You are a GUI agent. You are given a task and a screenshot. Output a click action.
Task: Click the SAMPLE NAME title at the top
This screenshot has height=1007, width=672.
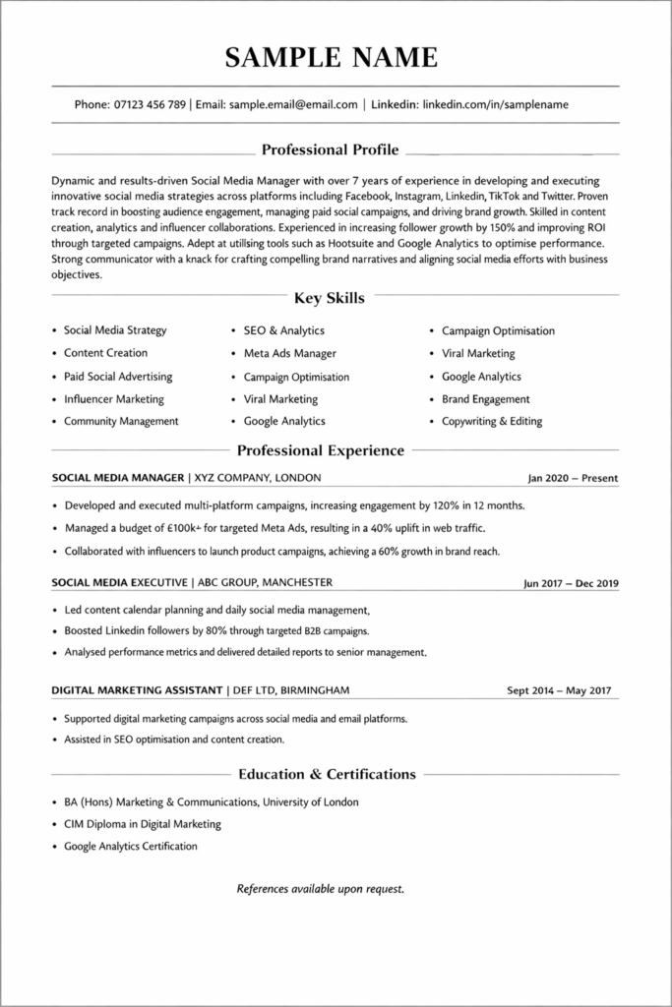[332, 57]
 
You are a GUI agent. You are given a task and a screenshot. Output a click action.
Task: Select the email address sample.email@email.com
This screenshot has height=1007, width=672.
[293, 104]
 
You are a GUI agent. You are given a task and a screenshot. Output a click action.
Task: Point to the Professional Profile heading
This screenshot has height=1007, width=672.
[330, 150]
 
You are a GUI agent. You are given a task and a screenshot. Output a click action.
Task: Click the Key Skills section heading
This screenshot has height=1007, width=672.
[330, 298]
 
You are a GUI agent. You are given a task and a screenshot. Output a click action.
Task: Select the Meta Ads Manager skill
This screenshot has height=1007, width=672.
[289, 353]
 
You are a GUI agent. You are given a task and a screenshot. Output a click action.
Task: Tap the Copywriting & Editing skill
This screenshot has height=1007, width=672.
[491, 422]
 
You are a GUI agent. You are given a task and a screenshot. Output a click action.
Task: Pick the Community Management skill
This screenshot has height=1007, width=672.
[121, 421]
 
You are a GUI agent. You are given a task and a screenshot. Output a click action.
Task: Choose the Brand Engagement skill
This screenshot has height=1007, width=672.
[485, 399]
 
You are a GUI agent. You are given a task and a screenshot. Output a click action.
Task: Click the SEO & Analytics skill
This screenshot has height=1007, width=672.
[283, 330]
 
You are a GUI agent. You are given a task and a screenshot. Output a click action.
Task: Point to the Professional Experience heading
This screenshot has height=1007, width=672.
[321, 450]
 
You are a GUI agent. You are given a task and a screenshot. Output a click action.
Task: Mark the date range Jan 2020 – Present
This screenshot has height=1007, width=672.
[573, 479]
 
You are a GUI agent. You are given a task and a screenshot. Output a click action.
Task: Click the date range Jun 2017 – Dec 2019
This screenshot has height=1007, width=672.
[571, 583]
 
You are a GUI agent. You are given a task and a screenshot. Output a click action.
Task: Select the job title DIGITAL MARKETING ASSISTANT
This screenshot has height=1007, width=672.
[138, 689]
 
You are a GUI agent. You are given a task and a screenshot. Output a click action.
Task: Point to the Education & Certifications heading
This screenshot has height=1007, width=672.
[327, 774]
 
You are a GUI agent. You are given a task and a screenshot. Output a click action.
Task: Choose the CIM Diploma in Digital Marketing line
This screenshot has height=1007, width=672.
[143, 824]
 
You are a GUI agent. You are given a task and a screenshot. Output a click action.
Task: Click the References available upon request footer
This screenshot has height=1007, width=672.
[321, 889]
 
